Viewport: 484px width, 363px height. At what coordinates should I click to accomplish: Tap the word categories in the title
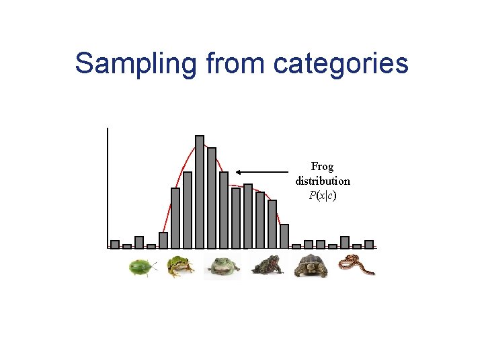coord(341,63)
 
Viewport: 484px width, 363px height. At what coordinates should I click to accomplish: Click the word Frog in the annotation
coord(322,166)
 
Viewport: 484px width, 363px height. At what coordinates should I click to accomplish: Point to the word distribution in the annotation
coord(323,181)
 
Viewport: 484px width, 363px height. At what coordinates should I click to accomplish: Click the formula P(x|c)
coord(323,196)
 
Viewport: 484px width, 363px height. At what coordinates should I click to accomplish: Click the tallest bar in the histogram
coord(200,192)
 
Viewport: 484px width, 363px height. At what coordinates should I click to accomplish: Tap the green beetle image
coord(142,268)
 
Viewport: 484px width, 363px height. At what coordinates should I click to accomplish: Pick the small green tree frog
coord(180,266)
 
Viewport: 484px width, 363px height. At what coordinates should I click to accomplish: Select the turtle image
coord(311,266)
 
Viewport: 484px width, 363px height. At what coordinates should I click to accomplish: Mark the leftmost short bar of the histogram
coord(115,245)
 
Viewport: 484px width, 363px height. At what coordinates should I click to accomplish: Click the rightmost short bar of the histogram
coord(369,245)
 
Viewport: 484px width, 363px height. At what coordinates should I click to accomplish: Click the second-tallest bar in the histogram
coord(212,198)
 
